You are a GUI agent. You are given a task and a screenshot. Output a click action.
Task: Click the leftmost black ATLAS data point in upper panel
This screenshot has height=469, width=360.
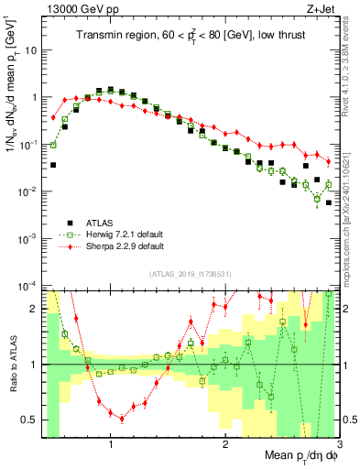pos(53,165)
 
